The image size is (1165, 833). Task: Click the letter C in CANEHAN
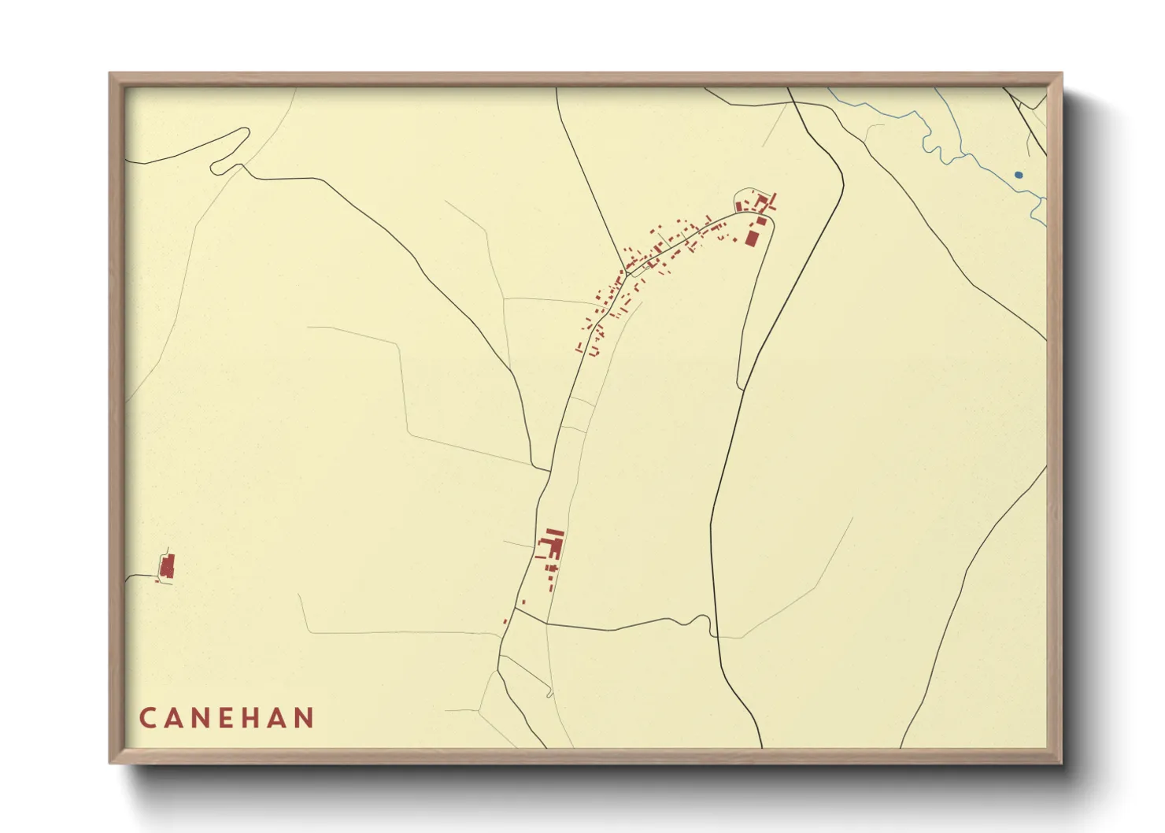(147, 718)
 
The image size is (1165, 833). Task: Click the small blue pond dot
(1019, 174)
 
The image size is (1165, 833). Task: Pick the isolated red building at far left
(167, 566)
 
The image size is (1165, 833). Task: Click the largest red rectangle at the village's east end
(752, 237)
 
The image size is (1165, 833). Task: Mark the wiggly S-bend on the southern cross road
(696, 620)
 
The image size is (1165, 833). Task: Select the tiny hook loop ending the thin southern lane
(549, 694)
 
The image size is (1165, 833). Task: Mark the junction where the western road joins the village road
(549, 472)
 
